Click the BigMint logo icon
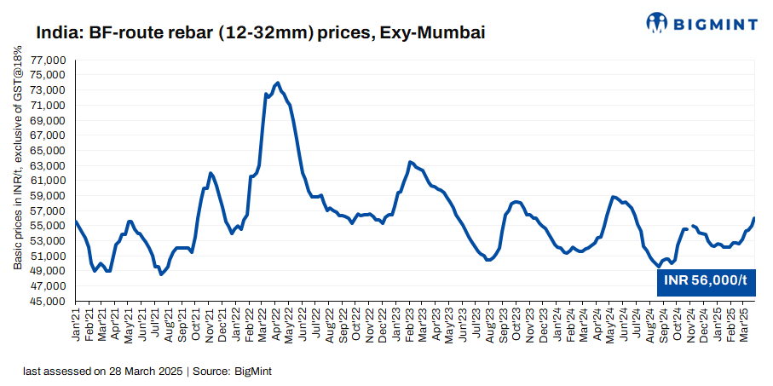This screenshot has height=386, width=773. point(659,23)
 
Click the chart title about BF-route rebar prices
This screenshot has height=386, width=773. point(260,34)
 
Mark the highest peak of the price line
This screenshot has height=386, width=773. point(278,83)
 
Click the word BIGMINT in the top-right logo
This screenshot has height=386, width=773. point(717,24)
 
